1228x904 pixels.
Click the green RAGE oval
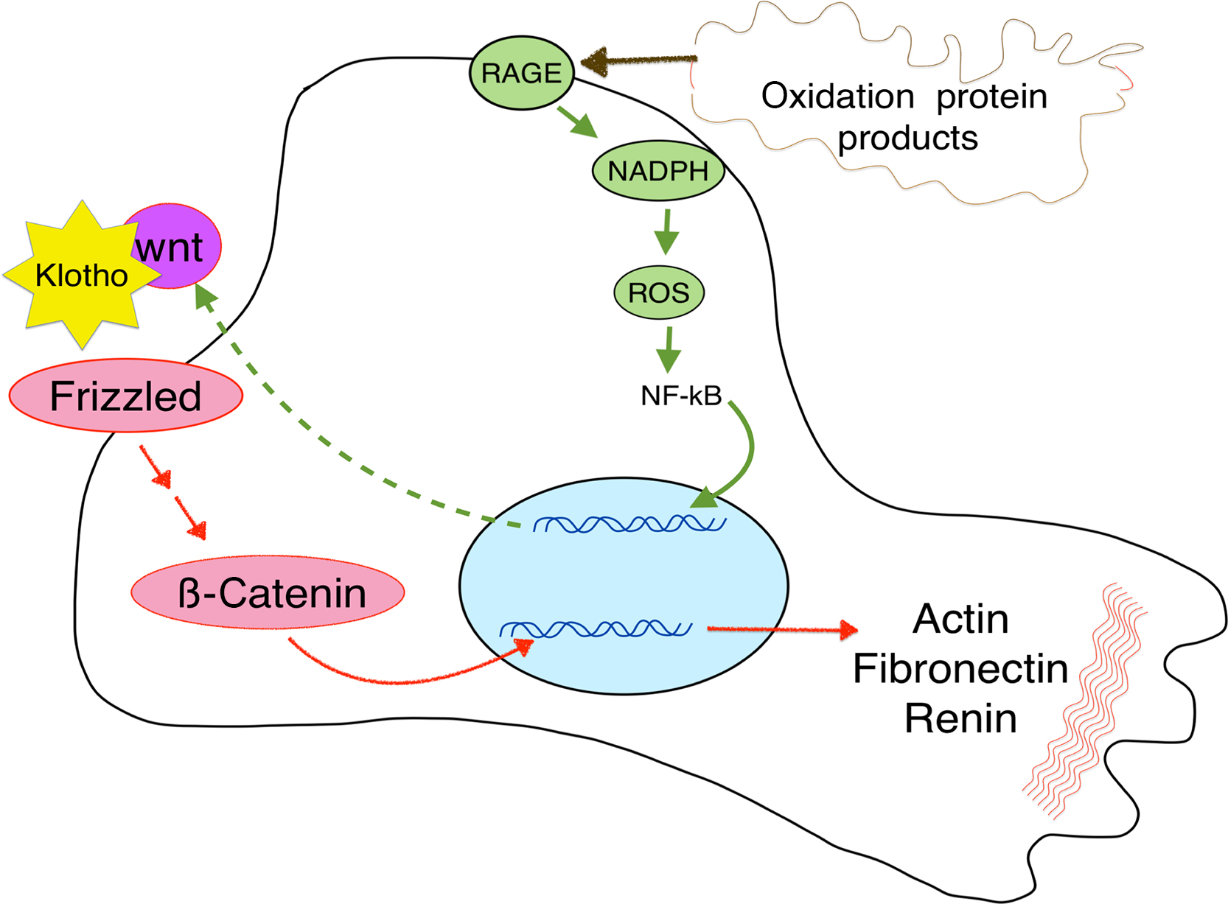click(522, 73)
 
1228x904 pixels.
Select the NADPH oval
click(658, 171)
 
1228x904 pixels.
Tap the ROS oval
click(659, 292)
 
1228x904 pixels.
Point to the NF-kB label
click(681, 396)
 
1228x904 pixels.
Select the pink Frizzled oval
click(125, 396)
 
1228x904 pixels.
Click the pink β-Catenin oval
click(268, 592)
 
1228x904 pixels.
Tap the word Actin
click(960, 619)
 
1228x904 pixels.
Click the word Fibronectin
click(960, 669)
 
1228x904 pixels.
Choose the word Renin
click(960, 718)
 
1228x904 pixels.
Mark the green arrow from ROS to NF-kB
click(669, 349)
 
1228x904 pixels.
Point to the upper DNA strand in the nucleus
click(630, 524)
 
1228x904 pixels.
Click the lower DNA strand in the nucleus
click(596, 629)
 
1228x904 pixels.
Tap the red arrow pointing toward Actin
click(781, 629)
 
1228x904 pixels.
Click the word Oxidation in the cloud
click(837, 97)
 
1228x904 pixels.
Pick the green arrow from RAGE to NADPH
click(577, 122)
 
